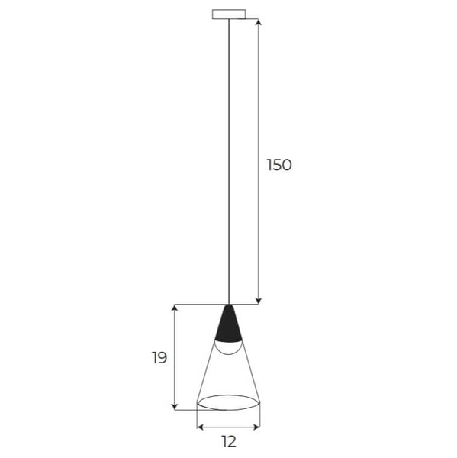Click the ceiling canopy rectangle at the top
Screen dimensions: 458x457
pos(228,14)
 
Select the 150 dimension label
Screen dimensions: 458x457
pos(278,165)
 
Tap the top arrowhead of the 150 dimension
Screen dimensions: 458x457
pos(259,22)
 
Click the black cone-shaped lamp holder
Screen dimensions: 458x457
pos(228,324)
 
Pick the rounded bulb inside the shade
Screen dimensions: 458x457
pos(228,347)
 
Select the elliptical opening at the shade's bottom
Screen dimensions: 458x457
pos(228,402)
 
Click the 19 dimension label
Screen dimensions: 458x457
pos(159,357)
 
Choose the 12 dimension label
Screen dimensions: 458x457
pos(228,441)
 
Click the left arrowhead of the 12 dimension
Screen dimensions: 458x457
pos(201,426)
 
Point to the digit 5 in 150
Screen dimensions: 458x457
pos(278,165)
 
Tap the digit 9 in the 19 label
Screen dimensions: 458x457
pos(163,357)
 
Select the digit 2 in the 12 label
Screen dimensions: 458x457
pos(232,441)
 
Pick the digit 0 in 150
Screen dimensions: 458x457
pos(287,165)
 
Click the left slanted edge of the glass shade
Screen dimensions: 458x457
pos(208,366)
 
